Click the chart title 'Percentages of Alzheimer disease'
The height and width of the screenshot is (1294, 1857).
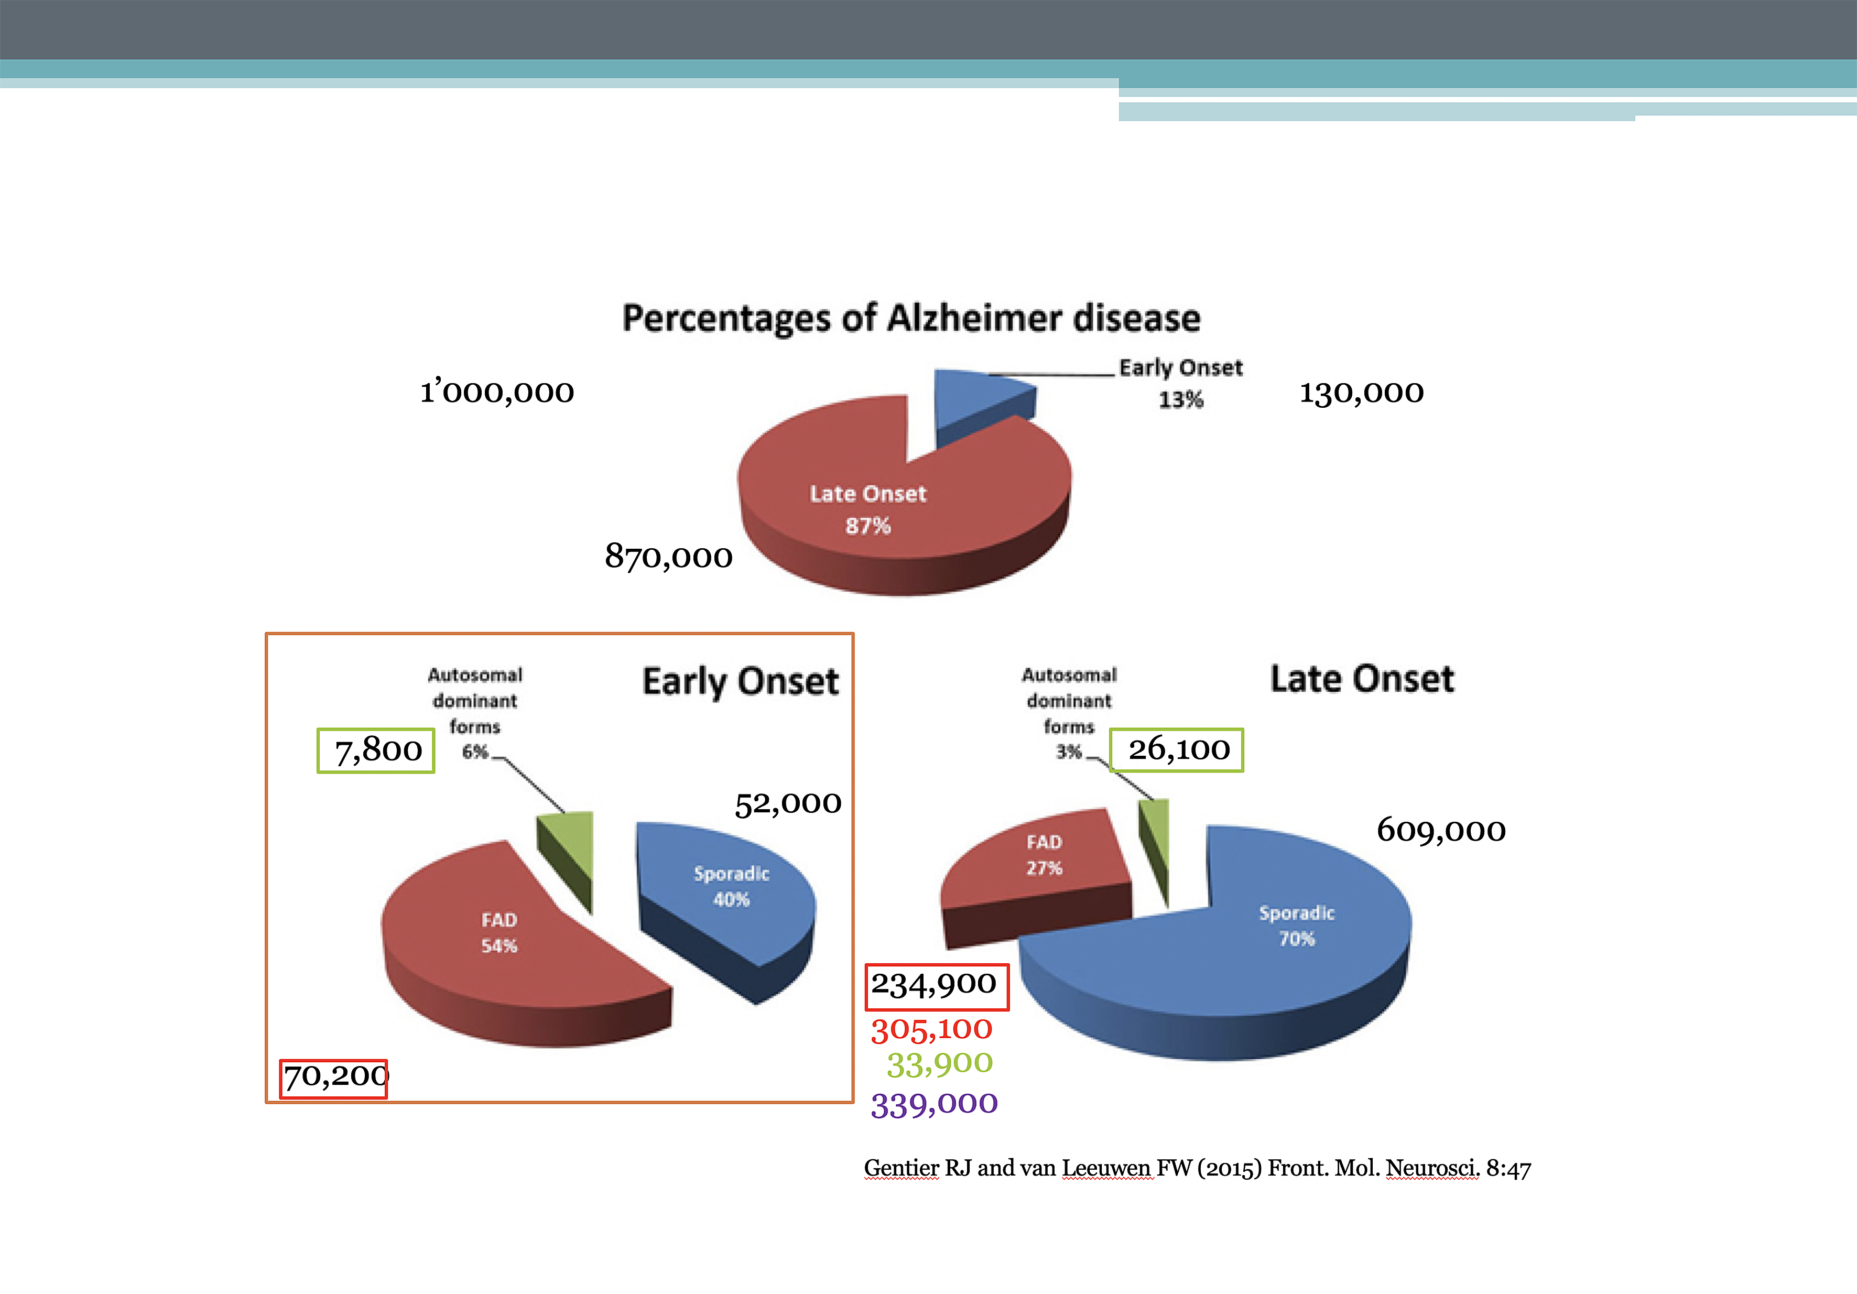tap(911, 318)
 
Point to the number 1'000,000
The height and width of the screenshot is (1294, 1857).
tap(496, 392)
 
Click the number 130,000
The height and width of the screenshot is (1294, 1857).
tap(1361, 392)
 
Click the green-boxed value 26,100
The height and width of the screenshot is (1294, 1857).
tap(1178, 749)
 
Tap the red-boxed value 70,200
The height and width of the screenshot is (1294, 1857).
tap(334, 1076)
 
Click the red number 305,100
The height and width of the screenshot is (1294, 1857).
tap(931, 1029)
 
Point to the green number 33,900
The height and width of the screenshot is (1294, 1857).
tap(939, 1063)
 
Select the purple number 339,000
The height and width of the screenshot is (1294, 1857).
tap(934, 1104)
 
